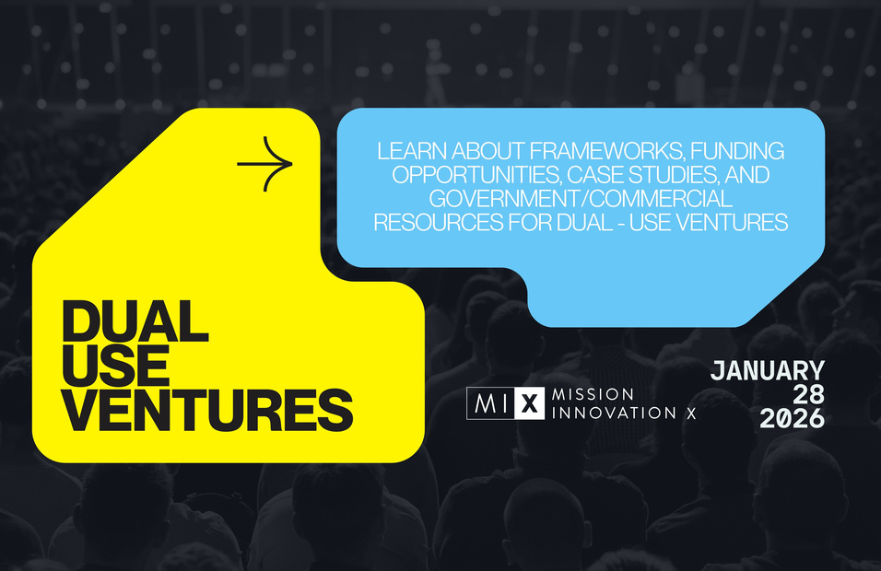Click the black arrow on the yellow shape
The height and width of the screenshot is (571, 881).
click(x=264, y=164)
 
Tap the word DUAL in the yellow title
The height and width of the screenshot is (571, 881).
click(x=135, y=321)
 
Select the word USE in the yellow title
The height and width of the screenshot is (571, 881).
click(x=116, y=366)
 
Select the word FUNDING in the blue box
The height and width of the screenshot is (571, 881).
click(x=737, y=151)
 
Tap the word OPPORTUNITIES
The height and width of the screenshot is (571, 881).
click(x=476, y=175)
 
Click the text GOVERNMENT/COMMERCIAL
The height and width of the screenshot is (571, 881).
click(x=581, y=199)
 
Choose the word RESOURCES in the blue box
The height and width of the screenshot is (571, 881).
click(x=439, y=222)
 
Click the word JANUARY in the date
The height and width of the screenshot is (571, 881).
click(x=768, y=371)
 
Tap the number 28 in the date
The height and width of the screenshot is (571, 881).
click(x=808, y=395)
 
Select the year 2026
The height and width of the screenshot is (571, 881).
click(x=793, y=419)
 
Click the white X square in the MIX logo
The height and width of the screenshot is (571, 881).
click(x=529, y=403)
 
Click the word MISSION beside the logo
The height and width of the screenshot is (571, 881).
click(x=593, y=394)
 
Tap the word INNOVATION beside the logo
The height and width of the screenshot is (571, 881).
click(x=614, y=413)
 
